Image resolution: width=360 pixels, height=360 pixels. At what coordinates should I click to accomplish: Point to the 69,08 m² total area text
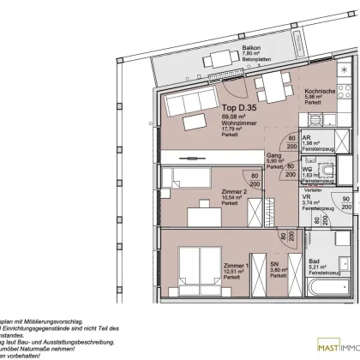224,117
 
